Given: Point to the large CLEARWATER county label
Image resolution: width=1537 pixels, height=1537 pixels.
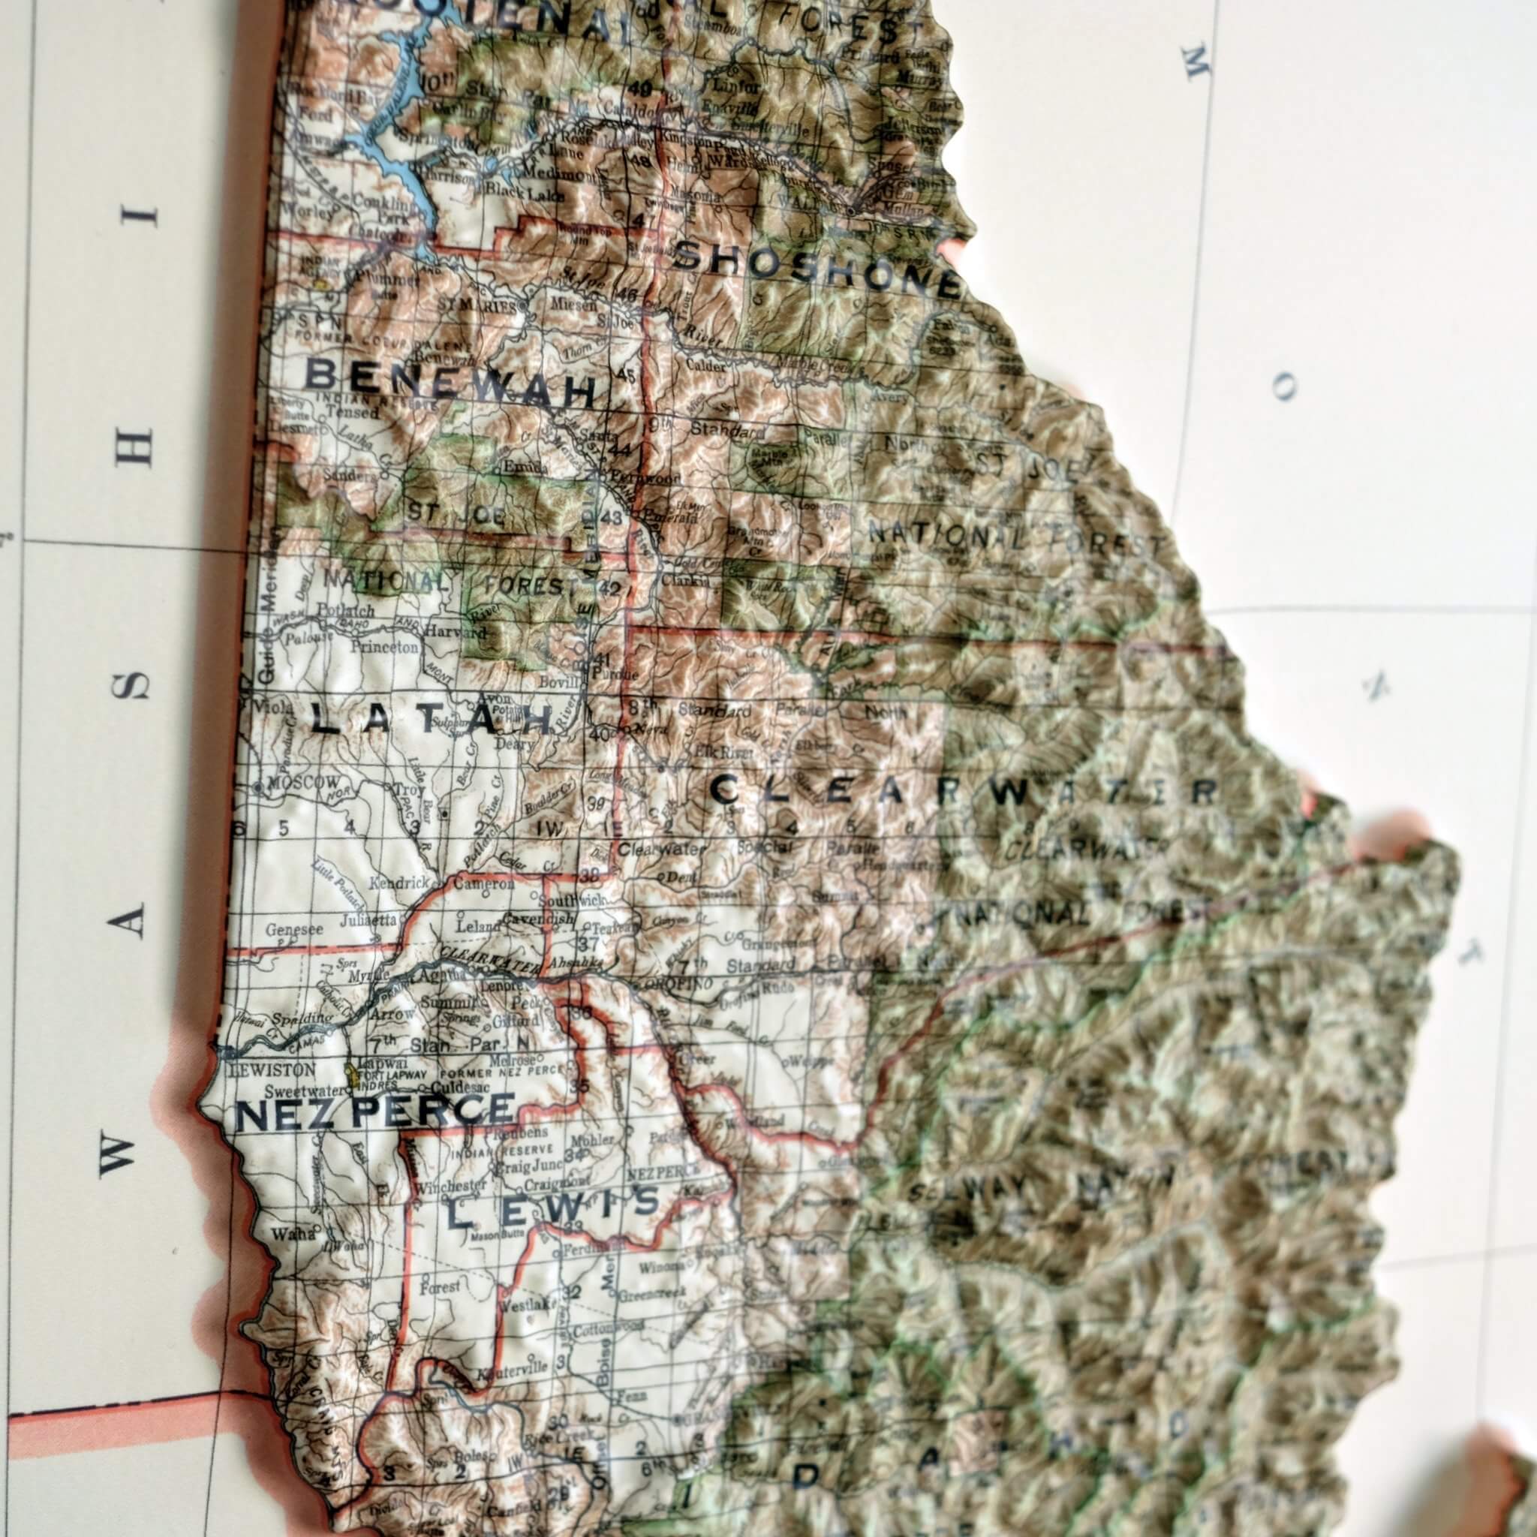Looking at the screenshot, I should click(x=964, y=792).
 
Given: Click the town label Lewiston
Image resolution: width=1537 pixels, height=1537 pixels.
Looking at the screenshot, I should click(x=260, y=1070).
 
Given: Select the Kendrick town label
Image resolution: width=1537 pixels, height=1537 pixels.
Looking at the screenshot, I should click(x=405, y=883).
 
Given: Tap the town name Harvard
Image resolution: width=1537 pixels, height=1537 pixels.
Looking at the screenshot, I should click(x=456, y=633).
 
